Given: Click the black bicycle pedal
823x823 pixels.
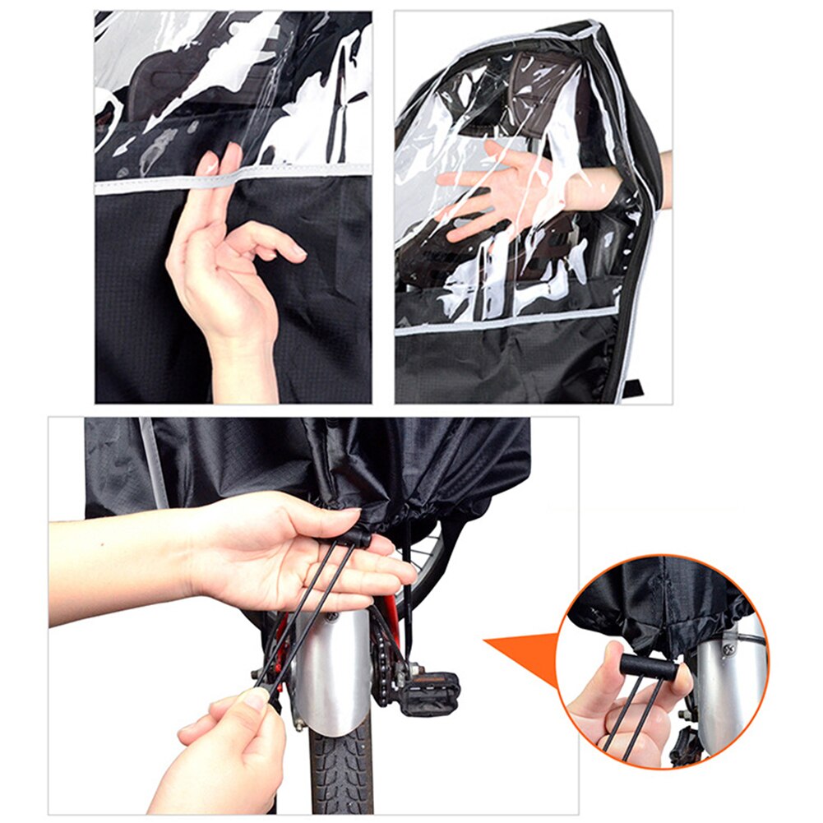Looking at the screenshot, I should click(428, 682).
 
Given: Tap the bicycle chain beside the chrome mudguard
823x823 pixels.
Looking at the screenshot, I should click(386, 658).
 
